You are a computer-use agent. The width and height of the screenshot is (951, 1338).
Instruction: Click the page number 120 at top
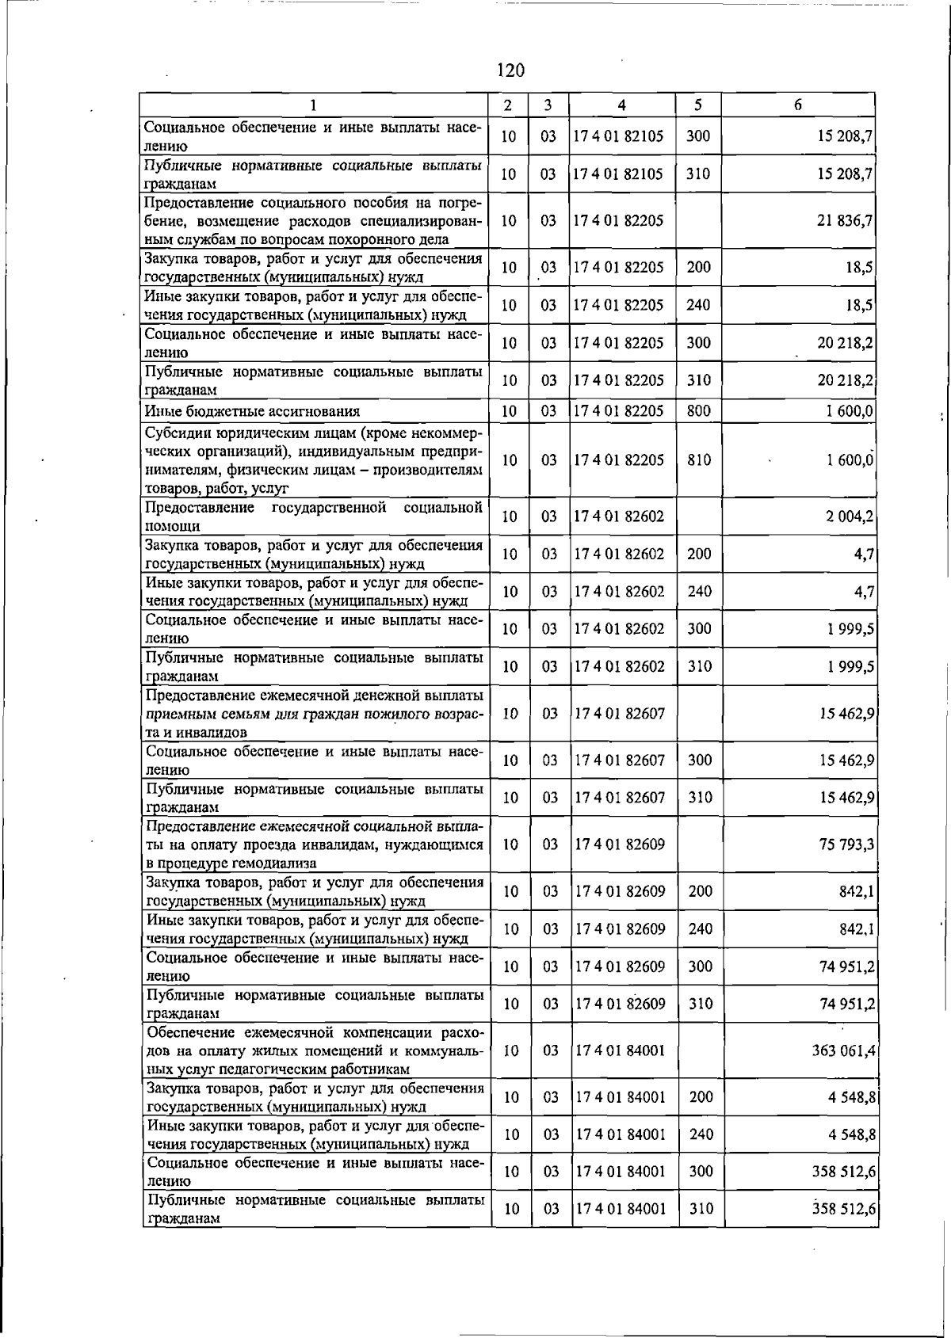[x=510, y=71]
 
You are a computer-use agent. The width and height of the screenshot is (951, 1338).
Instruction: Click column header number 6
[x=797, y=105]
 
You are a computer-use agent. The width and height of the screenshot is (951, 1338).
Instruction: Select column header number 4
[x=621, y=105]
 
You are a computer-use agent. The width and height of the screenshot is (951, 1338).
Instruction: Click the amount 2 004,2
[x=849, y=517]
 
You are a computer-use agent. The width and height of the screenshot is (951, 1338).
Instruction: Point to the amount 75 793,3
[x=846, y=844]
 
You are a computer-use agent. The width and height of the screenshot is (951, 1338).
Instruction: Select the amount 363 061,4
[x=843, y=1050]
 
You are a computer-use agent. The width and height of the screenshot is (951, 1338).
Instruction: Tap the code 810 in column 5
[x=699, y=459]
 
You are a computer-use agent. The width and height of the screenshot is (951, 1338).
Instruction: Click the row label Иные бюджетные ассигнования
[x=252, y=411]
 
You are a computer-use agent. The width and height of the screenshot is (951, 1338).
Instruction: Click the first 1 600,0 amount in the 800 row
[x=850, y=411]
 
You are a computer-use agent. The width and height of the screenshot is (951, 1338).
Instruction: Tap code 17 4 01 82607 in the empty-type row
[x=620, y=713]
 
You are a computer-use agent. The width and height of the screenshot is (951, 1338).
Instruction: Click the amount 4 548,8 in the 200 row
[x=852, y=1097]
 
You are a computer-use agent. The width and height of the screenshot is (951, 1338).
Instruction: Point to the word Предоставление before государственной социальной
[x=200, y=507]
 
